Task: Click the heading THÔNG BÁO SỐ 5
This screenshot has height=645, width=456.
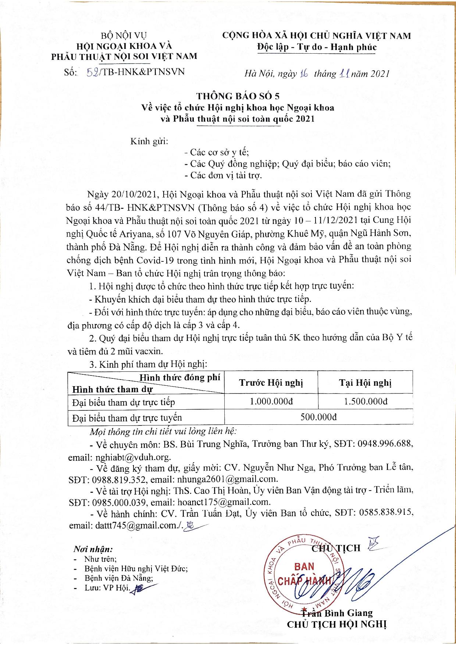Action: [x=238, y=96]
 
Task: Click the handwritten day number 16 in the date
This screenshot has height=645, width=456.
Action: [x=303, y=74]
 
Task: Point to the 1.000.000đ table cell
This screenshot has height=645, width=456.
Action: [x=271, y=401]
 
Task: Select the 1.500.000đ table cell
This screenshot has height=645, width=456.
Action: [x=366, y=401]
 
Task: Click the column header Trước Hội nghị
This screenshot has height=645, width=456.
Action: [x=271, y=383]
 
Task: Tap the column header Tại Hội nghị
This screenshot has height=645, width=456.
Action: [x=366, y=383]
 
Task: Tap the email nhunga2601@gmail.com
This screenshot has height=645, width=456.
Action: [x=227, y=479]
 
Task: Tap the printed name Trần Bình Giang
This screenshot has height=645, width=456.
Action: [x=337, y=613]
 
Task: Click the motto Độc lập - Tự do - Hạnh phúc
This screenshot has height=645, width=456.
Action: [x=316, y=47]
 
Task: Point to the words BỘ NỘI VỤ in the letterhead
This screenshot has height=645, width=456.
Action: [x=124, y=36]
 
